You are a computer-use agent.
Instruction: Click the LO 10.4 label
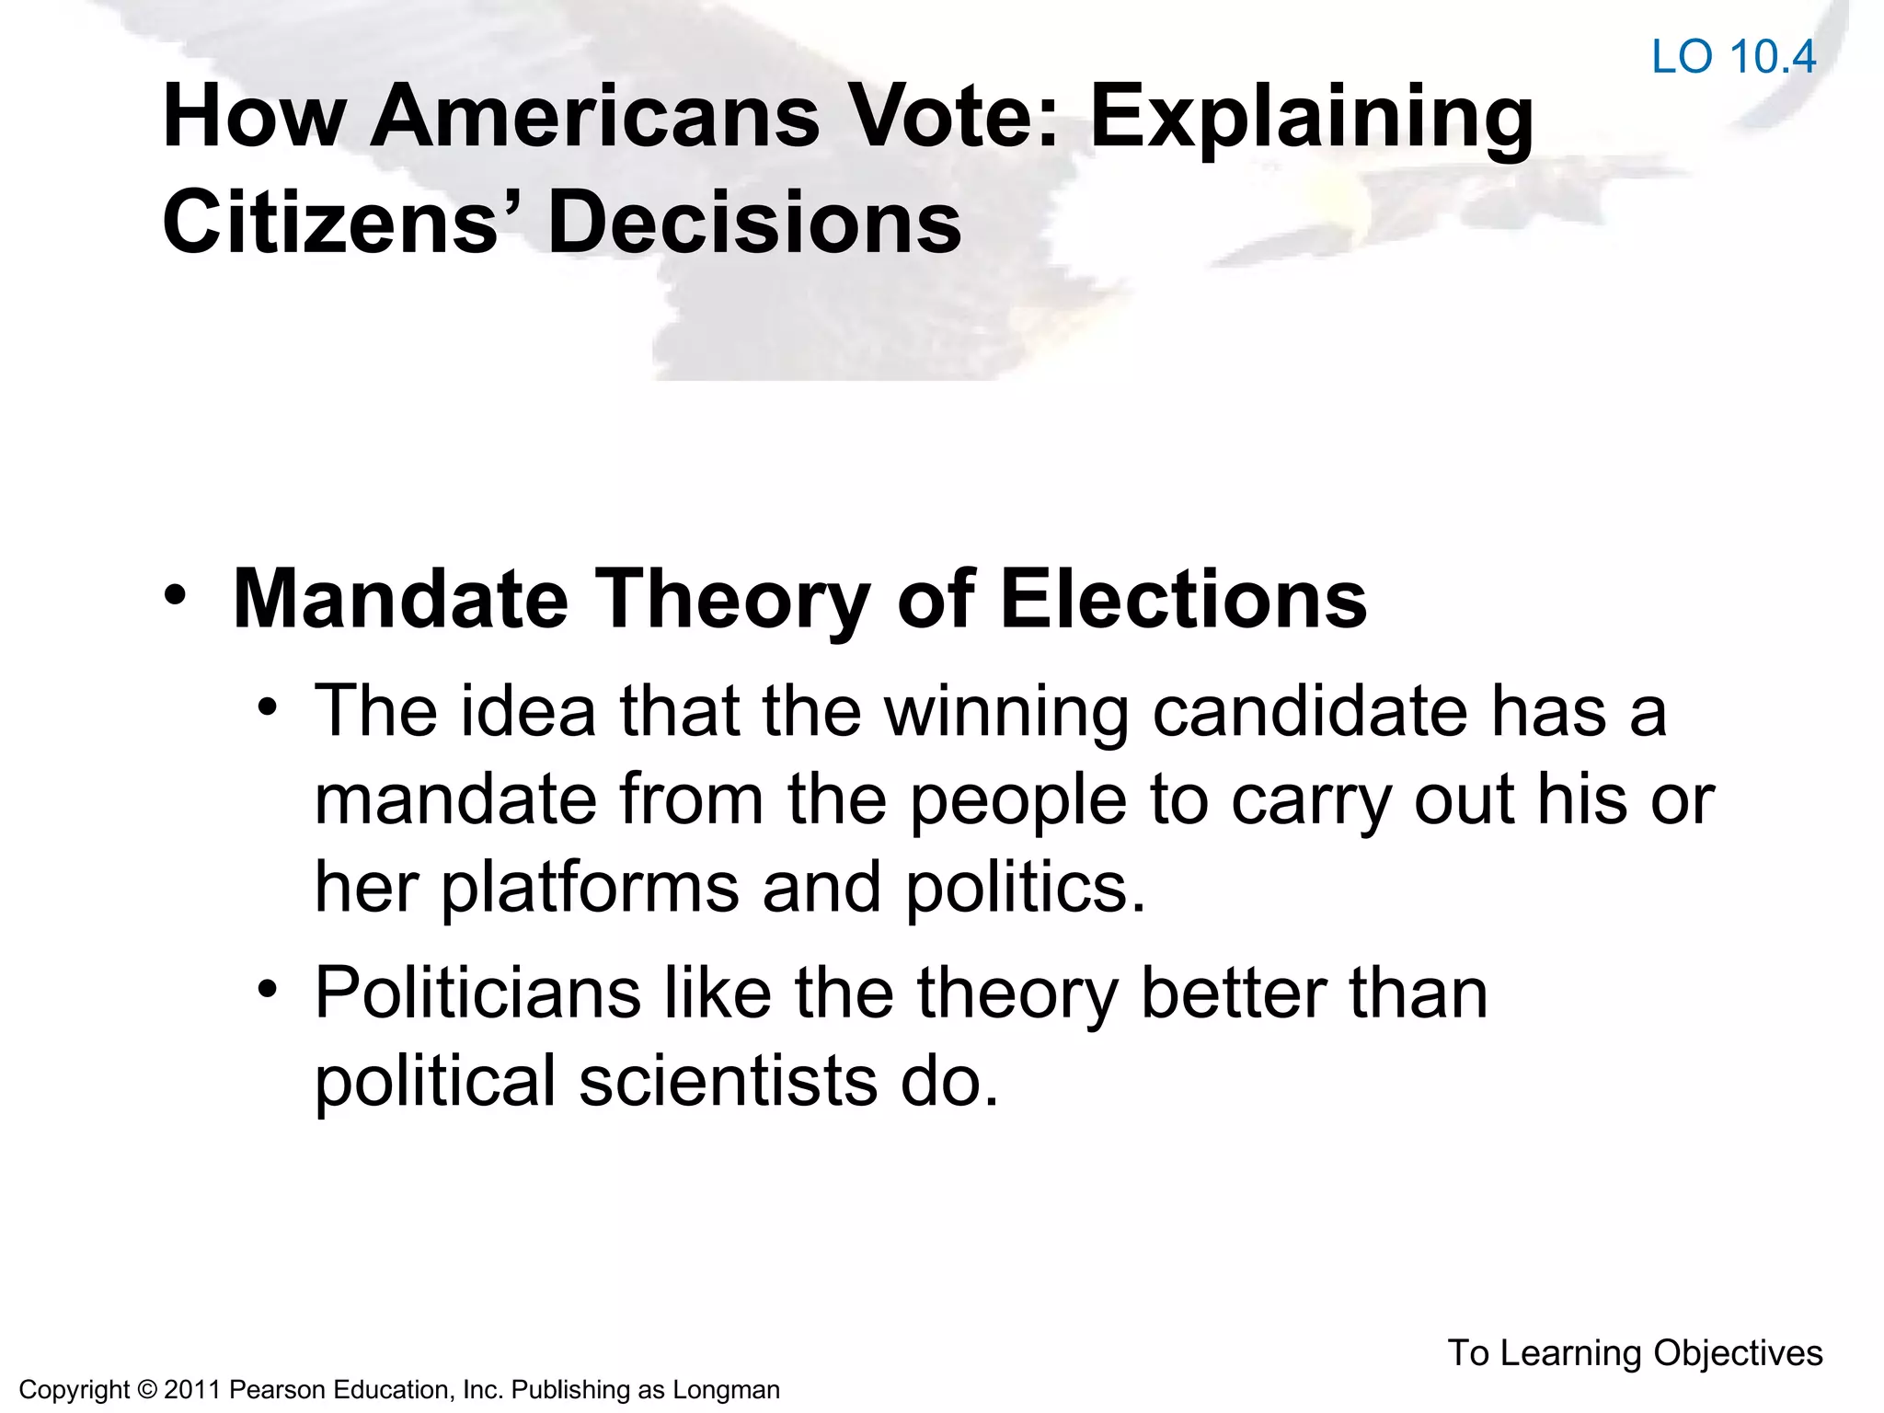pos(1733,57)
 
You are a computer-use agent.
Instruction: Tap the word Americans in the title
pos(594,117)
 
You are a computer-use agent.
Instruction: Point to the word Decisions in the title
pos(754,223)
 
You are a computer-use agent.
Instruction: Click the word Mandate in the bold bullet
pos(400,599)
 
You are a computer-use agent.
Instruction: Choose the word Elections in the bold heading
pos(1183,599)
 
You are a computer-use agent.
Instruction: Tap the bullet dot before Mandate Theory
pos(175,594)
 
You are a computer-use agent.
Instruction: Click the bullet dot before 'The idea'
pos(268,707)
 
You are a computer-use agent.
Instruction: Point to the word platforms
pos(591,889)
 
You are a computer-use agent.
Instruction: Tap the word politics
pos(1026,889)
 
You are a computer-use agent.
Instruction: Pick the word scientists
pos(728,1081)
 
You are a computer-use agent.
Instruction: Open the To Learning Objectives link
pos(1635,1352)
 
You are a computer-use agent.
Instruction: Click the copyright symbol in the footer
pos(146,1390)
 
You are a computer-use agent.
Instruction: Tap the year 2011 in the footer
pos(192,1390)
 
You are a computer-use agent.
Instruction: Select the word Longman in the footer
pos(726,1390)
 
